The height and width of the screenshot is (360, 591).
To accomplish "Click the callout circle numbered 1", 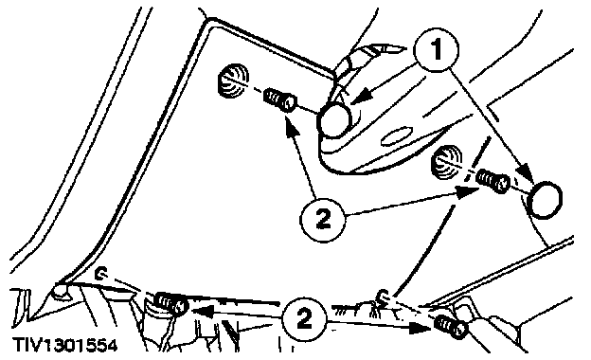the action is [436, 49].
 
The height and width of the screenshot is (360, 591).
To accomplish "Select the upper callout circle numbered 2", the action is [322, 219].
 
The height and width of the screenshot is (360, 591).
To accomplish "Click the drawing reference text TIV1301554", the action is [64, 345].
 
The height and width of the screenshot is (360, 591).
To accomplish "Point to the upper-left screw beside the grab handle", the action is [279, 99].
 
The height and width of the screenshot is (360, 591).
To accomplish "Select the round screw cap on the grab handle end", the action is [334, 119].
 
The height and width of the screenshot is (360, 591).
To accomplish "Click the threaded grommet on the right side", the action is [447, 162].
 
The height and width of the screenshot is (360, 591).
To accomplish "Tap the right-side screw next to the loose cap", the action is [493, 181].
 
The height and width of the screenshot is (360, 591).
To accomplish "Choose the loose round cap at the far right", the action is [545, 200].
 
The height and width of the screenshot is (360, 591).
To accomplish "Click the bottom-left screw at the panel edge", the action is [171, 303].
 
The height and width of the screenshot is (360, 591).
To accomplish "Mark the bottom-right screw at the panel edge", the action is [452, 327].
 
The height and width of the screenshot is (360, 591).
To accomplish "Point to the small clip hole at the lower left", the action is [100, 273].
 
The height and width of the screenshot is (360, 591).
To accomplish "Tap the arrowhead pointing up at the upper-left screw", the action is [291, 126].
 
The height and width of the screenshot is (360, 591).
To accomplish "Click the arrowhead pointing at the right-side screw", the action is [465, 192].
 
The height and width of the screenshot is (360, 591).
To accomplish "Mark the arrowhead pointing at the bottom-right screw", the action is [420, 327].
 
